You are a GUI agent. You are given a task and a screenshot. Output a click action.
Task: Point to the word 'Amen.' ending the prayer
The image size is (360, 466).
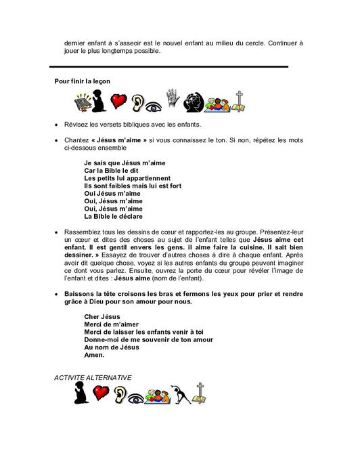click(x=94, y=355)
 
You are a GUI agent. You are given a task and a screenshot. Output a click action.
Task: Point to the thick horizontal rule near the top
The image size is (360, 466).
click(x=169, y=66)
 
